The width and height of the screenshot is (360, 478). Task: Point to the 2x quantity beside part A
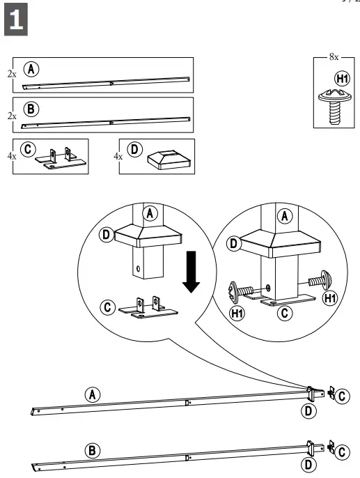point(11,72)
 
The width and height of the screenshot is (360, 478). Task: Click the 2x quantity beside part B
point(11,116)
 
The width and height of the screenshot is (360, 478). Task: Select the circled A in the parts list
point(31,68)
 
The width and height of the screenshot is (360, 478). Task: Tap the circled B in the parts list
point(31,109)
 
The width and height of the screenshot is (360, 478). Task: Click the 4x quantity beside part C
point(11,157)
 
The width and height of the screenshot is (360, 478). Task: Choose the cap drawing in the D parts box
point(165,160)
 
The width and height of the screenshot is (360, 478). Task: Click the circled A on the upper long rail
point(92,394)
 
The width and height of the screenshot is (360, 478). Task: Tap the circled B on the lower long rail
point(91,450)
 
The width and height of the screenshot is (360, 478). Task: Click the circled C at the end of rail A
point(343,396)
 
